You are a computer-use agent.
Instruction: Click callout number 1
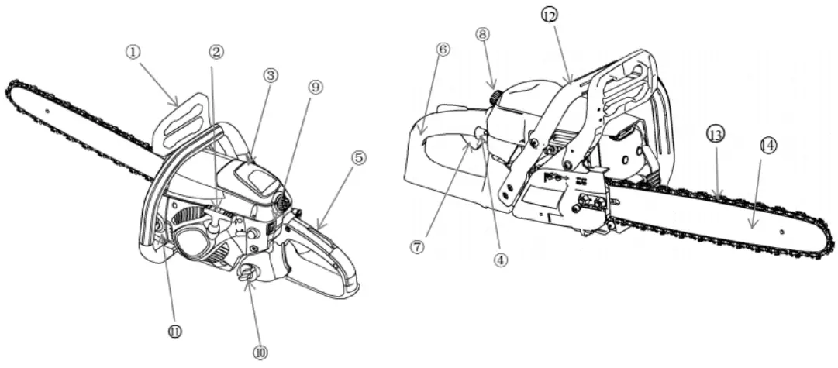click(x=133, y=51)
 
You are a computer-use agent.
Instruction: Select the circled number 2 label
click(x=216, y=52)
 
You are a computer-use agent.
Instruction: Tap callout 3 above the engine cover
click(x=271, y=75)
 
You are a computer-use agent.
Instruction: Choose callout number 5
click(x=358, y=157)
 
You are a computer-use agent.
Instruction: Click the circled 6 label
click(x=443, y=49)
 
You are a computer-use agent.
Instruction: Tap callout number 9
click(x=315, y=88)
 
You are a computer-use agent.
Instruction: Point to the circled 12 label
click(x=549, y=15)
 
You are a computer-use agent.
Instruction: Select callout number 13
click(x=716, y=135)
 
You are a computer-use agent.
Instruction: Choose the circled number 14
click(x=767, y=145)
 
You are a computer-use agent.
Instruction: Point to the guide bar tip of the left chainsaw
click(x=12, y=87)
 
